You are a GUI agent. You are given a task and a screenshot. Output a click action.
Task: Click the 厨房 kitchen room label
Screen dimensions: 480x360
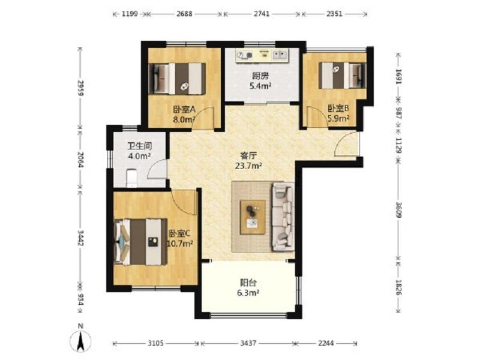pyautogui.click(x=260, y=76)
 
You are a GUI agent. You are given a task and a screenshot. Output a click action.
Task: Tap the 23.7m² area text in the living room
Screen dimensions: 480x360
pyautogui.click(x=248, y=166)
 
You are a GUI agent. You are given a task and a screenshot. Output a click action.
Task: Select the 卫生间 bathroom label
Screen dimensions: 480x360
pyautogui.click(x=140, y=146)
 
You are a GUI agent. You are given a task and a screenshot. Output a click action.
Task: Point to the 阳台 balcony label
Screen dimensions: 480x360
pyautogui.click(x=248, y=282)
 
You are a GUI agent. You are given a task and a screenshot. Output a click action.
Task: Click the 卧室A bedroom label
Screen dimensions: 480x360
pyautogui.click(x=184, y=109)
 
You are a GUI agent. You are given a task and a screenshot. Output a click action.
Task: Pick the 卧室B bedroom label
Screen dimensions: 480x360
pyautogui.click(x=338, y=108)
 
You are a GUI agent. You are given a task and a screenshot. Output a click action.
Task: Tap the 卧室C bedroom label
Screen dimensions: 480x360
pyautogui.click(x=179, y=233)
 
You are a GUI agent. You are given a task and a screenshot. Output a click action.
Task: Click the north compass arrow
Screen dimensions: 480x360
pyautogui.click(x=80, y=341)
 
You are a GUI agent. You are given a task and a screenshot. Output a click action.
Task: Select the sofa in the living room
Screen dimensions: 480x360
pyautogui.click(x=283, y=217)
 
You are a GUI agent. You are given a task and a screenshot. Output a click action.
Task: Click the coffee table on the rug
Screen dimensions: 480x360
pyautogui.click(x=253, y=217)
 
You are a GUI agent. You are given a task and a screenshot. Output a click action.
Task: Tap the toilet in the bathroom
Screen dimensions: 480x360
pyautogui.click(x=131, y=178)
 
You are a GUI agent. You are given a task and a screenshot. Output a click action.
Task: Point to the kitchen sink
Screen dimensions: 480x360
pyautogui.click(x=280, y=55)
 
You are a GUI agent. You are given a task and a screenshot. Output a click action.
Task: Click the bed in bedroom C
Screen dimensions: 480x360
pyautogui.click(x=140, y=242)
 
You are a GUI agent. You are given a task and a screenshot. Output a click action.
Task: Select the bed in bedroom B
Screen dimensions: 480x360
pyautogui.click(x=342, y=76)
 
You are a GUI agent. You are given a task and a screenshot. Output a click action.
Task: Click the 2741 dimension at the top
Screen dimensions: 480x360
pyautogui.click(x=262, y=14)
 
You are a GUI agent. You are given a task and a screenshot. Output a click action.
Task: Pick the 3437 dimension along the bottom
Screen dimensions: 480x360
pyautogui.click(x=248, y=343)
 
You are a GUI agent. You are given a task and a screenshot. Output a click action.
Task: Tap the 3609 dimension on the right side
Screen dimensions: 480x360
pyautogui.click(x=398, y=209)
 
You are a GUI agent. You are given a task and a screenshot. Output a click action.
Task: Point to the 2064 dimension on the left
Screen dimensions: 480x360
pyautogui.click(x=80, y=160)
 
